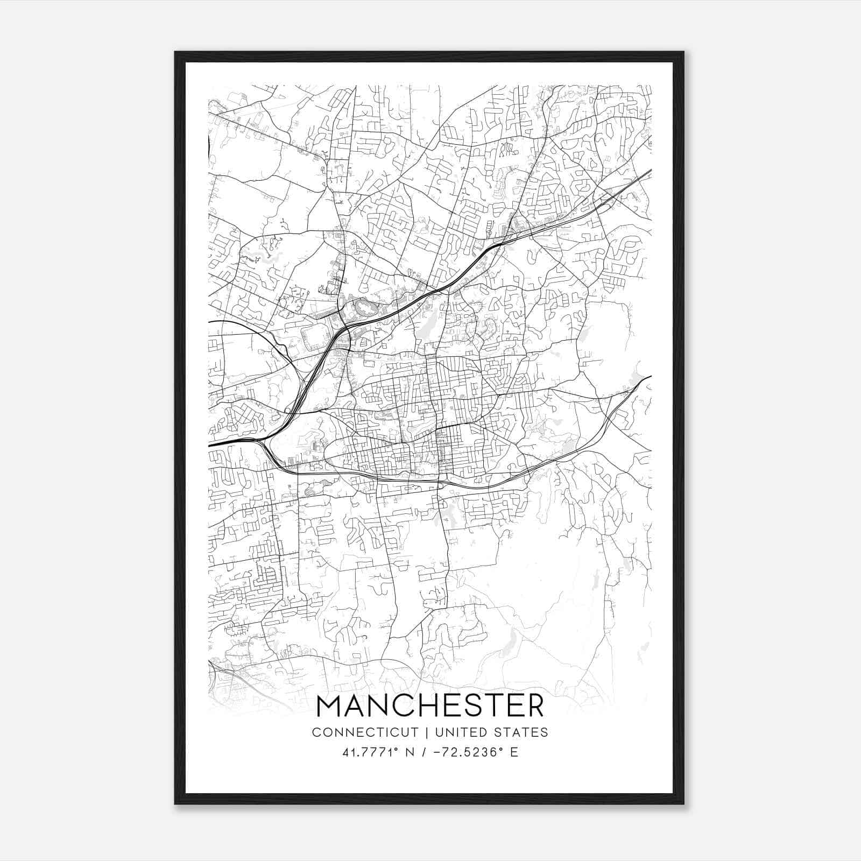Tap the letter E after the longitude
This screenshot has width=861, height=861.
514,752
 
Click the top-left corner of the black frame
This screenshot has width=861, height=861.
176,53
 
